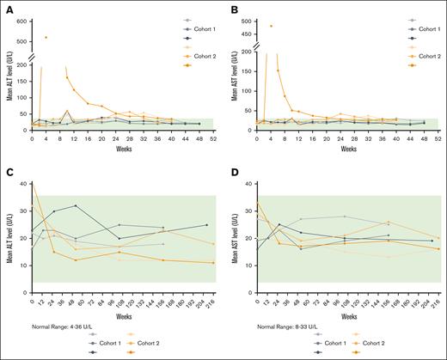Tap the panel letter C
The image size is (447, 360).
tap(7, 174)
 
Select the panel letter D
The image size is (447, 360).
tap(234, 174)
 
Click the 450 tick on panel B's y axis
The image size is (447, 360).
tap(250, 34)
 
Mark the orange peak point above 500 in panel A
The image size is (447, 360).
tap(46, 37)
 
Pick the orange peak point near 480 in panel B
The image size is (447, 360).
tap(271, 26)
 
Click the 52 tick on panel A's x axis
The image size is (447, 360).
tap(211, 138)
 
